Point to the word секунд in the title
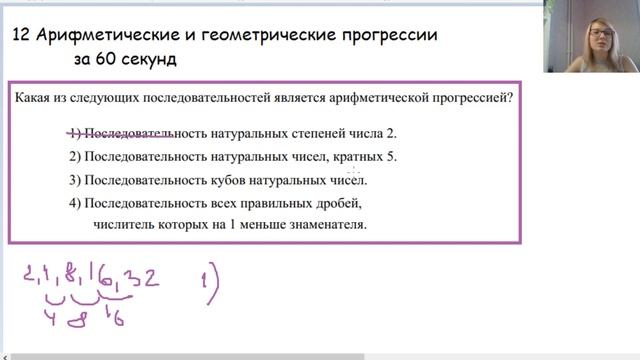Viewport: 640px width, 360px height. [148, 59]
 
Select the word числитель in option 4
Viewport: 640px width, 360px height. [124, 225]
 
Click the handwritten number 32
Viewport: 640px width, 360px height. [147, 277]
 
